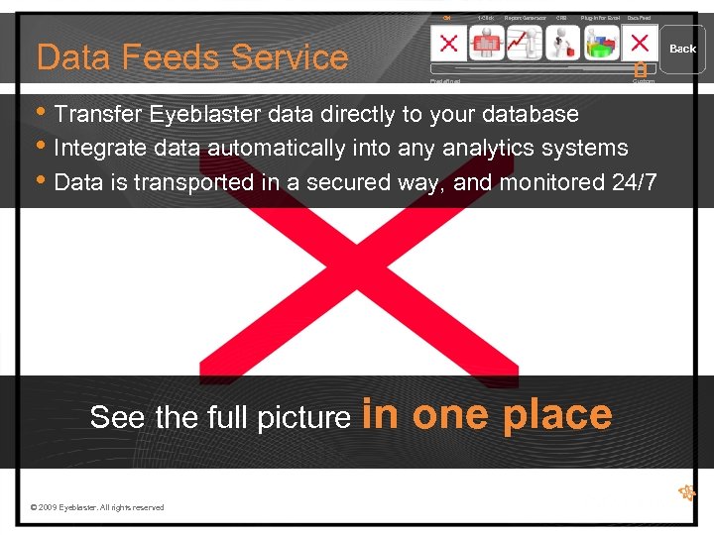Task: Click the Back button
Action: click(x=683, y=49)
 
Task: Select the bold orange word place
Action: click(x=557, y=414)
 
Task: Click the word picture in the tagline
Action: click(x=304, y=418)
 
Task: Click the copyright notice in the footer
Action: click(x=97, y=507)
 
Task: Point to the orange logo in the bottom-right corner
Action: click(x=685, y=491)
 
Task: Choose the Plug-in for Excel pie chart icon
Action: click(x=601, y=43)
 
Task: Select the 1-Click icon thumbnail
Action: click(x=486, y=43)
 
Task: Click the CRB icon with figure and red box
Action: click(x=562, y=43)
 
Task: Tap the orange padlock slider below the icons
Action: click(x=640, y=69)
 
